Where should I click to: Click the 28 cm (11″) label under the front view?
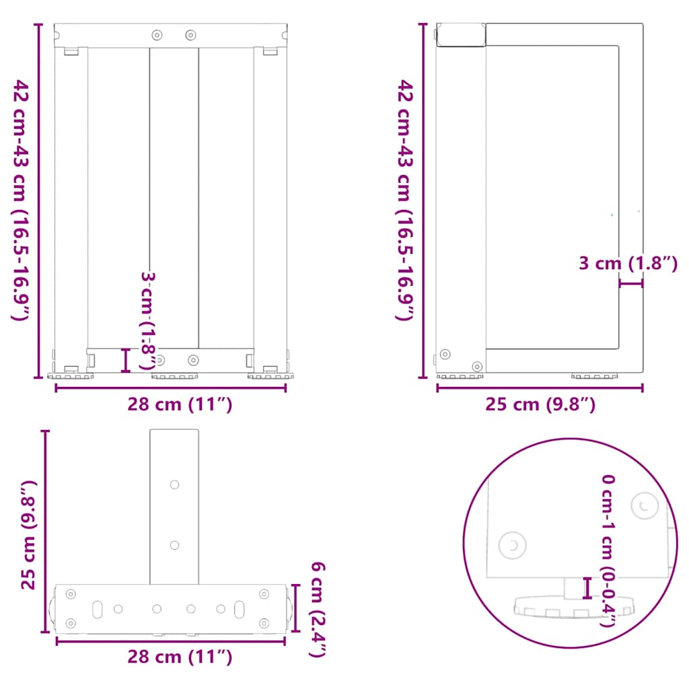180,404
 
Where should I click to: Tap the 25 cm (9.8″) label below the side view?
541,404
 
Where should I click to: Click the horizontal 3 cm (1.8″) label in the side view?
628,263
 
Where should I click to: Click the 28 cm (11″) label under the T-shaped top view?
180,657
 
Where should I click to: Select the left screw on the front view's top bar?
157,34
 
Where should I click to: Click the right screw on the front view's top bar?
190,34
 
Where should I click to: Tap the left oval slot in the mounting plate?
98,608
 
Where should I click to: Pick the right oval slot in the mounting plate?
240,608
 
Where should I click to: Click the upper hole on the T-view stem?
174,484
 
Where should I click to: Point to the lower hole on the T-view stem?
174,545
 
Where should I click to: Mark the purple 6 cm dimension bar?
295,608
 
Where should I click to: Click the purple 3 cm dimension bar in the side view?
631,283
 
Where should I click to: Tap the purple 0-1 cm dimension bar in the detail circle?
587,588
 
